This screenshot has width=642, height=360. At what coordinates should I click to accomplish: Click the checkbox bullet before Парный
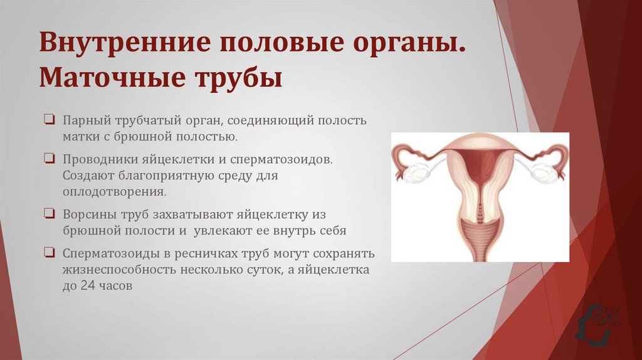tap(49, 119)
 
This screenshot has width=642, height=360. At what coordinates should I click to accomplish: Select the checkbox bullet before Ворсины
tap(49, 214)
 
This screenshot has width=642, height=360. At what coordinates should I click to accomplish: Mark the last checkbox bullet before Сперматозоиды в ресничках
tap(49, 253)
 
